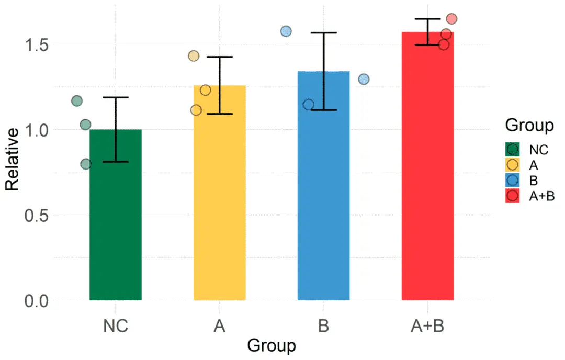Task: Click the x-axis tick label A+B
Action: point(427,325)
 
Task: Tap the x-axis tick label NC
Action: point(116,325)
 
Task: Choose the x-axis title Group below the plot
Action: point(272,346)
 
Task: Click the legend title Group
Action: point(529,126)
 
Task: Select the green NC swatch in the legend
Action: point(513,149)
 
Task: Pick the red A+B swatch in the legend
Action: point(513,196)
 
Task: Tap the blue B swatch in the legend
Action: point(513,180)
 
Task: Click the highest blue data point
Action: point(286,31)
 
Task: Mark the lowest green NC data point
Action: point(86,164)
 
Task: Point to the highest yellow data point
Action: point(194,56)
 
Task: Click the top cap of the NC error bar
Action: point(116,97)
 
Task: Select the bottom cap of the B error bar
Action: point(323,110)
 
